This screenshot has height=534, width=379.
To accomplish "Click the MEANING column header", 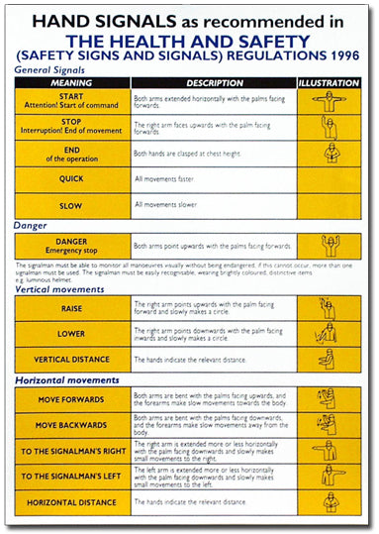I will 71,82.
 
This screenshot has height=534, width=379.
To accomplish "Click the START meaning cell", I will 71,100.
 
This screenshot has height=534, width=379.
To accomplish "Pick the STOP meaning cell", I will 71,126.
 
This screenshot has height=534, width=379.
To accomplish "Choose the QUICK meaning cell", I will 71,179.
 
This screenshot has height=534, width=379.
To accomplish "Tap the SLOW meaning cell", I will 71,206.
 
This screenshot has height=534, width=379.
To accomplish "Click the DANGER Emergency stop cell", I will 71,246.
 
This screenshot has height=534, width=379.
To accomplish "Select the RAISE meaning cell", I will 71,308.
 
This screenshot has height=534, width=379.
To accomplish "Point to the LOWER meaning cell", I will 71,333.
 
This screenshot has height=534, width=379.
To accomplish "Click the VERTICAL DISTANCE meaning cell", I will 71,359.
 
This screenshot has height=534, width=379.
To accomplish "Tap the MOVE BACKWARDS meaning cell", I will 71,424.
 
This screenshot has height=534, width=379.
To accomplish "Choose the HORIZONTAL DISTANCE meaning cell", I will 71,502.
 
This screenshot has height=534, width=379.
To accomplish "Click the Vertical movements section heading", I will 59,289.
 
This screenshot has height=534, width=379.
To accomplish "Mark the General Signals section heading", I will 48,70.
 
